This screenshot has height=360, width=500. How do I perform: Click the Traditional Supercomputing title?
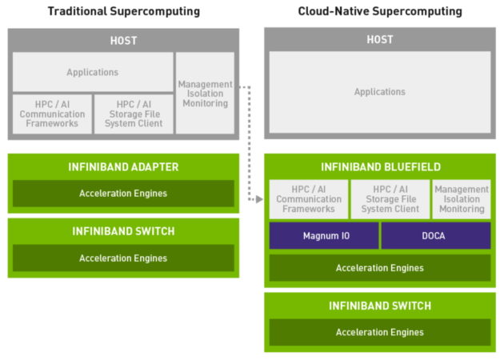click(123, 11)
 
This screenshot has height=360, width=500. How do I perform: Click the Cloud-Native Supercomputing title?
click(380, 11)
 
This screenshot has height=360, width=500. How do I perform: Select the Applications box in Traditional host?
click(92, 72)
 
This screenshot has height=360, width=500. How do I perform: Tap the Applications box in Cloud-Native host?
click(380, 92)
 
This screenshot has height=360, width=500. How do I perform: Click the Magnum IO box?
click(323, 236)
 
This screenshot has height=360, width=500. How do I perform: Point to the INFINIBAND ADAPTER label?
click(123, 167)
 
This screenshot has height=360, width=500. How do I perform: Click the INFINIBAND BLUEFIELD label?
click(380, 167)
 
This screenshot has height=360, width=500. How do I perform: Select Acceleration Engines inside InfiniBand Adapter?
click(123, 194)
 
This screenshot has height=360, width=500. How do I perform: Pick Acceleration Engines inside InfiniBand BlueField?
click(380, 268)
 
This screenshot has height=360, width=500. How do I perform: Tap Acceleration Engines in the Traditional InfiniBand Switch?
click(123, 258)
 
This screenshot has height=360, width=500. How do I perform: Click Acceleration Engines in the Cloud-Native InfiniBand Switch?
click(380, 332)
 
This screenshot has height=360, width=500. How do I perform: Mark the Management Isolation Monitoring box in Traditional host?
click(205, 94)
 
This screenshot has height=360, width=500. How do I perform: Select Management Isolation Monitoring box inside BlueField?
click(462, 199)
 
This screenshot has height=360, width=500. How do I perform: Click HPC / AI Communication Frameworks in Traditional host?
click(51, 114)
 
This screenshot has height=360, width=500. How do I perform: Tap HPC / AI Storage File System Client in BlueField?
click(390, 199)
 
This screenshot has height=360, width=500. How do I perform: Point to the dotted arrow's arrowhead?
click(262, 200)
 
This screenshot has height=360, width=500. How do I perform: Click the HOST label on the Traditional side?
click(123, 40)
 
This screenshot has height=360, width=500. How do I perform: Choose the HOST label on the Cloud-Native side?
click(380, 39)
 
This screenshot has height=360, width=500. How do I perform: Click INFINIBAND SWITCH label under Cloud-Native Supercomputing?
click(380, 306)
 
